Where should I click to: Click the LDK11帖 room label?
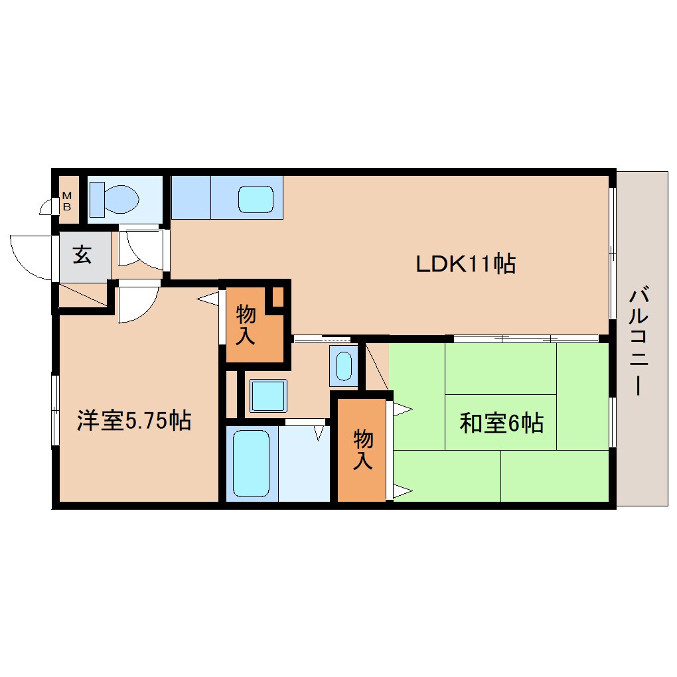click(465, 263)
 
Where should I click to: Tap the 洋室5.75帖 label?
click(134, 420)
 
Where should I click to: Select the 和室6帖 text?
click(501, 423)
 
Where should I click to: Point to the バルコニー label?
click(639, 340)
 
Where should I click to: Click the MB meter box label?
click(67, 201)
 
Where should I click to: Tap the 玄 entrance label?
click(82, 255)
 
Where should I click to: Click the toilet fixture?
click(114, 200)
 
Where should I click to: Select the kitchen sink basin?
click(256, 199)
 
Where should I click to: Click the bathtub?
click(252, 463)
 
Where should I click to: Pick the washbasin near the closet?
click(344, 366)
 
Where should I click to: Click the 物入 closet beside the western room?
click(255, 325)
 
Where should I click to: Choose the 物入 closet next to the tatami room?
click(361, 450)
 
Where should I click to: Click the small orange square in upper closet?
click(278, 297)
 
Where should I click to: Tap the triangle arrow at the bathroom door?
click(319, 433)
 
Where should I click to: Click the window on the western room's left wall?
click(55, 410)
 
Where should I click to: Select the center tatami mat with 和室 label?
click(501, 422)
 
